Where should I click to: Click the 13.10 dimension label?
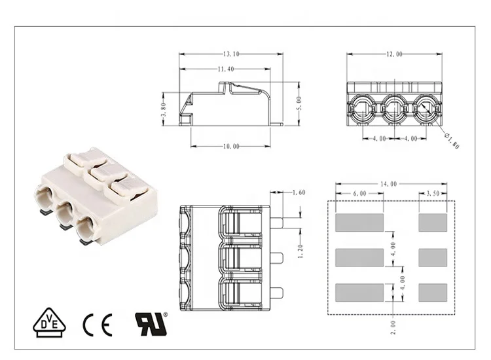click(x=231, y=54)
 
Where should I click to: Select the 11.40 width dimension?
click(x=226, y=69)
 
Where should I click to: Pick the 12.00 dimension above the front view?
click(x=394, y=54)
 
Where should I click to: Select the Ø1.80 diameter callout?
click(x=451, y=140)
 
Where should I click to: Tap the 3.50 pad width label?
click(x=433, y=194)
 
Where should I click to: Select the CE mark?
click(x=97, y=323)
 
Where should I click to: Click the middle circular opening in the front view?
click(x=395, y=106)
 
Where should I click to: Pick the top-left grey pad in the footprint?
click(x=359, y=223)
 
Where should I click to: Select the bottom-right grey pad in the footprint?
click(x=433, y=291)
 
